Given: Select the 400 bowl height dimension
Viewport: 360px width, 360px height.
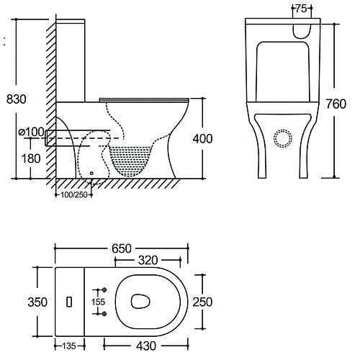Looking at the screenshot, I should [202, 138].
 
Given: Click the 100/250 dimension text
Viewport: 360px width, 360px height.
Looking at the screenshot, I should [73, 194].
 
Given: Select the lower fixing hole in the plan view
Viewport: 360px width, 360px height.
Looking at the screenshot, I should [104, 315].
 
